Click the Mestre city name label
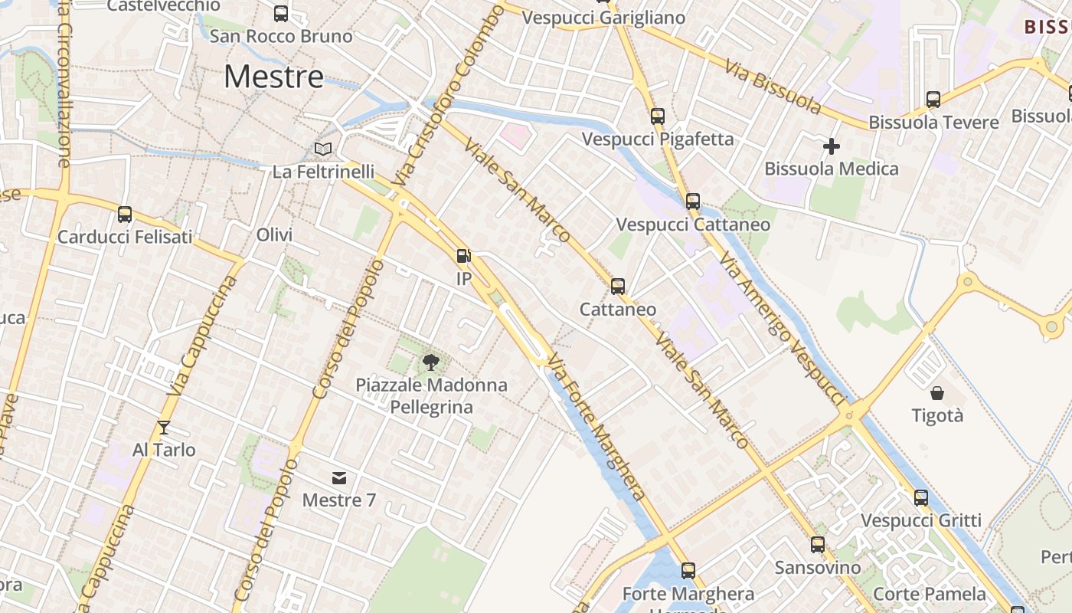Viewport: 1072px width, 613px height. point(274,77)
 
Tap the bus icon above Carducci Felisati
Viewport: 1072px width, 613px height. point(125,215)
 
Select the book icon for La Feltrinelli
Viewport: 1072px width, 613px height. point(324,149)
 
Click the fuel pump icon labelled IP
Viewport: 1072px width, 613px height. point(463,256)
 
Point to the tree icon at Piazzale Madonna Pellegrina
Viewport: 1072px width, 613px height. point(431,362)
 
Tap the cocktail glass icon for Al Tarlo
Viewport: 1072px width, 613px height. point(164,427)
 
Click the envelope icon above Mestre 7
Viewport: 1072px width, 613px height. point(339,478)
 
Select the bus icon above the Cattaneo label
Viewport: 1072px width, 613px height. point(618,287)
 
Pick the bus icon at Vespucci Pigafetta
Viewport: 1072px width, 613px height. point(658,116)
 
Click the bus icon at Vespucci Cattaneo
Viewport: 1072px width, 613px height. point(693,202)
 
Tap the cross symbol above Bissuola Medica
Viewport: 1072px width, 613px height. point(832,146)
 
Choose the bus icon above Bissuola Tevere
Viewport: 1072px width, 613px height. point(933,100)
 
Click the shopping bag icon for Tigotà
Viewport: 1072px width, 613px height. point(937,393)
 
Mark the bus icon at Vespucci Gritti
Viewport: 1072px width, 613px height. point(921,498)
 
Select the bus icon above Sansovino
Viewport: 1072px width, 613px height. point(818,545)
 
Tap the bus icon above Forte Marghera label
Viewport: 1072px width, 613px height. point(688,571)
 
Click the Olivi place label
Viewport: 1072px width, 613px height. point(275,235)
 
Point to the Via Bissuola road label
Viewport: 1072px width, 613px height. point(773,81)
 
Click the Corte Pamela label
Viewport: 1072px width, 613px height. point(930,594)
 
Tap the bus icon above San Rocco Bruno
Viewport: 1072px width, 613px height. point(281,13)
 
